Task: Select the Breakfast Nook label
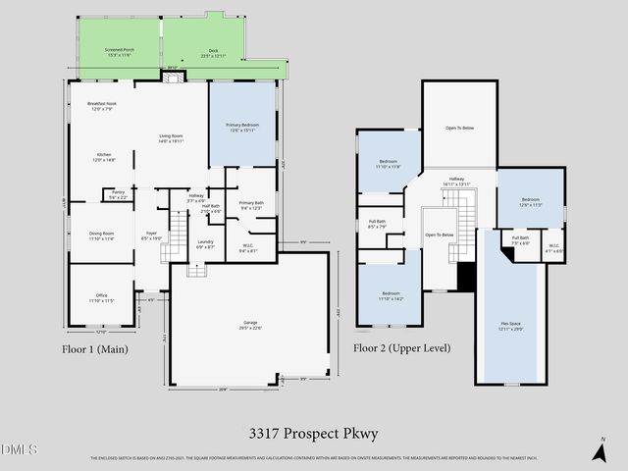pos(101,106)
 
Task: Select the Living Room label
pos(172,138)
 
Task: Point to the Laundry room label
pos(205,243)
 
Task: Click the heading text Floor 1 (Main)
pos(95,348)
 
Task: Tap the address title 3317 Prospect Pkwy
pos(314,433)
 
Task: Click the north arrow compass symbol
pos(600,449)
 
